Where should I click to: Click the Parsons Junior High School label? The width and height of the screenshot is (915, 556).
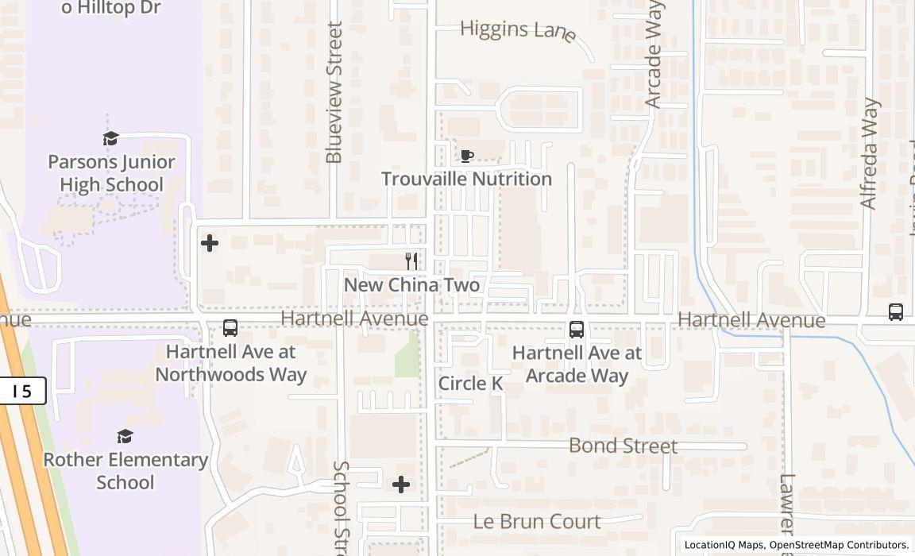(111, 173)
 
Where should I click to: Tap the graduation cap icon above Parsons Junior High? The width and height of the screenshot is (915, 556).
(111, 139)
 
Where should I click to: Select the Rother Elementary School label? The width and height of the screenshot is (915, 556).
(125, 470)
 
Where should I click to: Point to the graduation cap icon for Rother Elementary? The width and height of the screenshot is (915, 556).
(125, 436)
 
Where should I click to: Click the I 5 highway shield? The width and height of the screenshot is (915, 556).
(22, 391)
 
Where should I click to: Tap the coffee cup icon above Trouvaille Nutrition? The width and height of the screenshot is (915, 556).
(467, 156)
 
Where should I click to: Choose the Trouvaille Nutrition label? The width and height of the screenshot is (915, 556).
(466, 179)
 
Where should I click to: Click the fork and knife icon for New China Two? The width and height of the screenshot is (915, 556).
(411, 261)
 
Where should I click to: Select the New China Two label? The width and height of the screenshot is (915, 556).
(411, 284)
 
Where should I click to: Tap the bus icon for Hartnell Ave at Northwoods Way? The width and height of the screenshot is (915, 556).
(230, 327)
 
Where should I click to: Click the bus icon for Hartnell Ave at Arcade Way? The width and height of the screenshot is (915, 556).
(577, 329)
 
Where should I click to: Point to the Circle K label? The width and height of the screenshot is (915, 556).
(470, 384)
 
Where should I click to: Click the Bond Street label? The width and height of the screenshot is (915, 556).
(623, 446)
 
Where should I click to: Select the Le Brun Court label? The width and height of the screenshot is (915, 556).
(537, 521)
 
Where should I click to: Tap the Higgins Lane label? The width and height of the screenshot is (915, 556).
(518, 30)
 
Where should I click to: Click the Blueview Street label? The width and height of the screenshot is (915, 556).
(334, 92)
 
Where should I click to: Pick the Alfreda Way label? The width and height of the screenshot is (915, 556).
(871, 153)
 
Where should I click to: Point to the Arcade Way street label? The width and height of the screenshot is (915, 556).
(654, 54)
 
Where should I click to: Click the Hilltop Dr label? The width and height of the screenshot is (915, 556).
(111, 8)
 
